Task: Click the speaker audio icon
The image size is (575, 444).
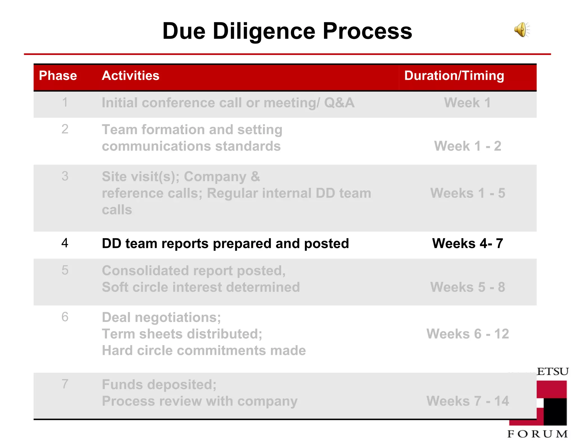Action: tap(522, 29)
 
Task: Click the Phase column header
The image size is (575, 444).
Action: tap(58, 75)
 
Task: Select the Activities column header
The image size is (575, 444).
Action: tap(131, 75)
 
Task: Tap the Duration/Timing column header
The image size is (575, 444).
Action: tap(454, 75)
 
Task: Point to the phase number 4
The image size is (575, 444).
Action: tap(65, 243)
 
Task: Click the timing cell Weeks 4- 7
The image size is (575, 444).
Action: tap(467, 243)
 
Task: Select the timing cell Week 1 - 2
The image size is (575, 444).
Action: tap(467, 146)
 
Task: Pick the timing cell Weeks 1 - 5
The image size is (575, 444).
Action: tap(467, 193)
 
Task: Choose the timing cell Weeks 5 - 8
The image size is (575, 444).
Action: tap(467, 287)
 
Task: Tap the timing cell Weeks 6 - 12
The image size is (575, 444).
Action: tap(467, 334)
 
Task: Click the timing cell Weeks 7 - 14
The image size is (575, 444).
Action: tap(467, 401)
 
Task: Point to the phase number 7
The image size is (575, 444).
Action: tap(65, 384)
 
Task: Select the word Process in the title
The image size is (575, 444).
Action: tap(367, 31)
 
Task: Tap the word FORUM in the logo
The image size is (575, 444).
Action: tap(537, 434)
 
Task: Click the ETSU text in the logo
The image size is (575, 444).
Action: tap(553, 372)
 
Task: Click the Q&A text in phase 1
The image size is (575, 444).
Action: tap(339, 103)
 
